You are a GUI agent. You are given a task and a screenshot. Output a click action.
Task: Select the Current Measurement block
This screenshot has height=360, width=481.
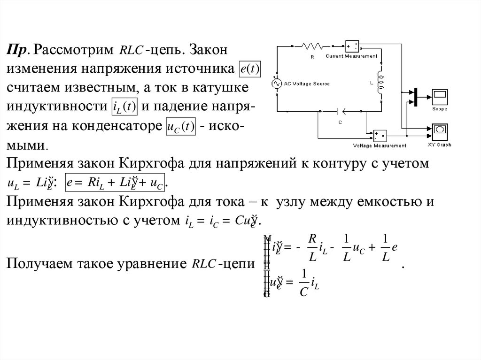[x=351, y=46]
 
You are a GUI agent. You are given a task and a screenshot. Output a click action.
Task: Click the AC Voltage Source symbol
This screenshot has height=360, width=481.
[x=276, y=83]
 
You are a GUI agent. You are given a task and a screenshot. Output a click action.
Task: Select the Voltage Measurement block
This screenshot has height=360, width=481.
[x=380, y=136]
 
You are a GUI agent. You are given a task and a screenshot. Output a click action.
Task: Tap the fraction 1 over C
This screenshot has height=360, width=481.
[x=304, y=283]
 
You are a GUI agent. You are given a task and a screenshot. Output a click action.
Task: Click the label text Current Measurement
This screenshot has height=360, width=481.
[x=351, y=56]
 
